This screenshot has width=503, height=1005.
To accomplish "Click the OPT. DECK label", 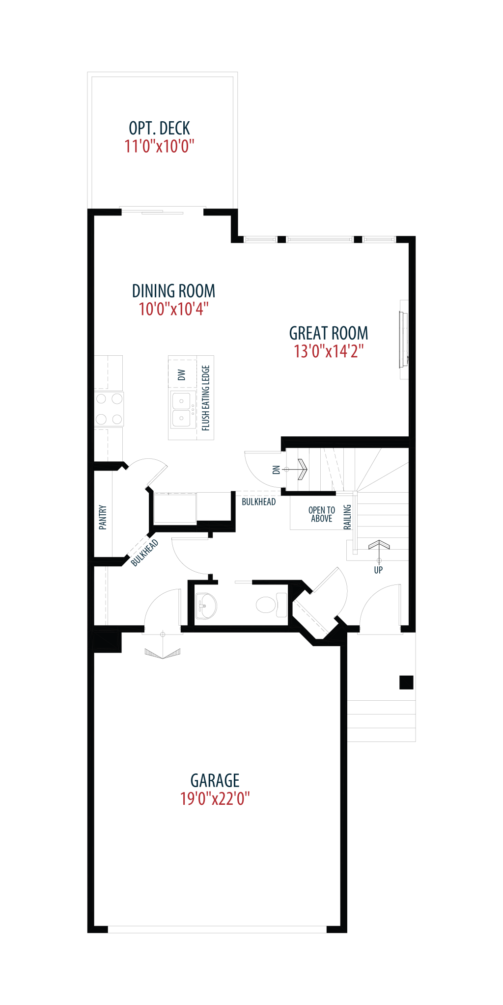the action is tap(159, 128).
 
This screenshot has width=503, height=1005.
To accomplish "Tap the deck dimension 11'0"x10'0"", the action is tap(159, 146).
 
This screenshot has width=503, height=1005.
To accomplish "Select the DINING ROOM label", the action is tap(173, 291).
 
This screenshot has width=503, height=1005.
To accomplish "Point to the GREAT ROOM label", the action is tap(329, 333).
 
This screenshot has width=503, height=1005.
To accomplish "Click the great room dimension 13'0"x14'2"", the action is tap(329, 351).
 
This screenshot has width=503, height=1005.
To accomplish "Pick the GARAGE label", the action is tap(215, 780).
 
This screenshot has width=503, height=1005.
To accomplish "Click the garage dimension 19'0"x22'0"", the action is tap(215, 798).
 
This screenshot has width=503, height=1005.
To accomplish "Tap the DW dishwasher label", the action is tap(182, 375).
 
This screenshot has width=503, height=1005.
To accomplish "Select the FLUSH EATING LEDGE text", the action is tap(206, 398).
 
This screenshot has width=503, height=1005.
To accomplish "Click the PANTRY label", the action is tap(103, 517).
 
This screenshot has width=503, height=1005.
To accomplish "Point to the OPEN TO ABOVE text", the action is tap(322, 514).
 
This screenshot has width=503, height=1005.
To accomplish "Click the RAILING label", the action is tap(347, 517).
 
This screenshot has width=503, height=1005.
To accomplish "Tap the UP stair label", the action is tap(378, 570).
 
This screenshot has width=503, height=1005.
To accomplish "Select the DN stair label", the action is tap(276, 470).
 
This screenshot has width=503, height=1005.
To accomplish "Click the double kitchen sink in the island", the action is tap(182, 409).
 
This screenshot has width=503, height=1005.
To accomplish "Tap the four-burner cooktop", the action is tap(109, 409).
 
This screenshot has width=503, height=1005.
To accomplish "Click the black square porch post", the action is tap(406, 683).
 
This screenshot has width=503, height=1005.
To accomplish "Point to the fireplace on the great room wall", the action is tap(404, 340).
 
